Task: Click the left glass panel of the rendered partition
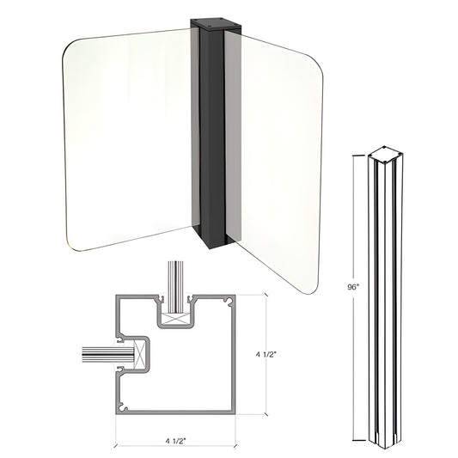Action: (x=129, y=137)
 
